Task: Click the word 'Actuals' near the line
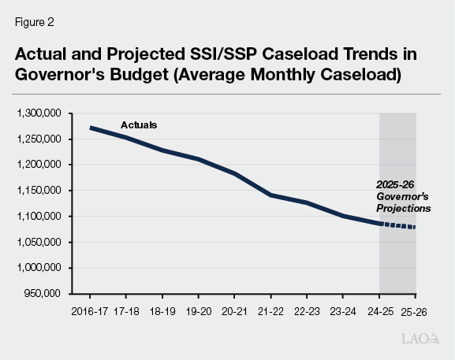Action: [x=139, y=125]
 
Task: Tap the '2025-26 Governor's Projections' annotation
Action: [x=402, y=199]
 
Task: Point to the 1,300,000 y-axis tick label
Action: [x=39, y=113]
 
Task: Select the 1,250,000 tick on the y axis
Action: [x=39, y=139]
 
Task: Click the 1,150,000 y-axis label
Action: [x=39, y=191]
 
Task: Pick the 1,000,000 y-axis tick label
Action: [x=39, y=268]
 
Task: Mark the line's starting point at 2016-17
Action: [x=91, y=128]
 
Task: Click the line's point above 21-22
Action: [x=270, y=195]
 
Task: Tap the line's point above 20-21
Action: [x=234, y=173]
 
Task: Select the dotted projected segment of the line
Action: [x=398, y=226]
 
